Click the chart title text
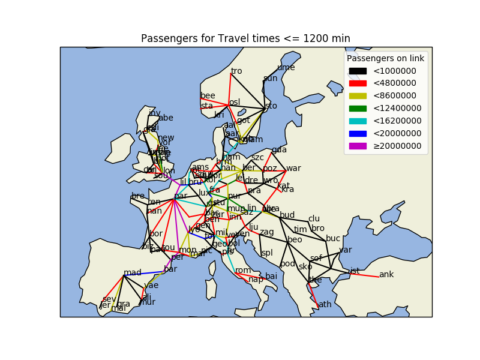click(245, 38)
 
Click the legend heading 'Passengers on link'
click(385, 58)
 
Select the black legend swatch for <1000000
click(358, 71)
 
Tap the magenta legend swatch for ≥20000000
click(358, 146)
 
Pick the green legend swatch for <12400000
click(358, 109)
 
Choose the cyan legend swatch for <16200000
click(358, 121)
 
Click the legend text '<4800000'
click(394, 83)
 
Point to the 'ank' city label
click(386, 274)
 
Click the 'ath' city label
click(325, 304)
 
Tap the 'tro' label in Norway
click(236, 71)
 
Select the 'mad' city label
click(132, 272)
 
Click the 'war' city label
click(293, 168)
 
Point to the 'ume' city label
click(286, 67)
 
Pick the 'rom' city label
click(243, 270)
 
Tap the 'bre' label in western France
click(138, 196)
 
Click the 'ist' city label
click(355, 271)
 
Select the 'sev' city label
click(109, 299)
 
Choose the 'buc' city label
click(333, 238)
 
